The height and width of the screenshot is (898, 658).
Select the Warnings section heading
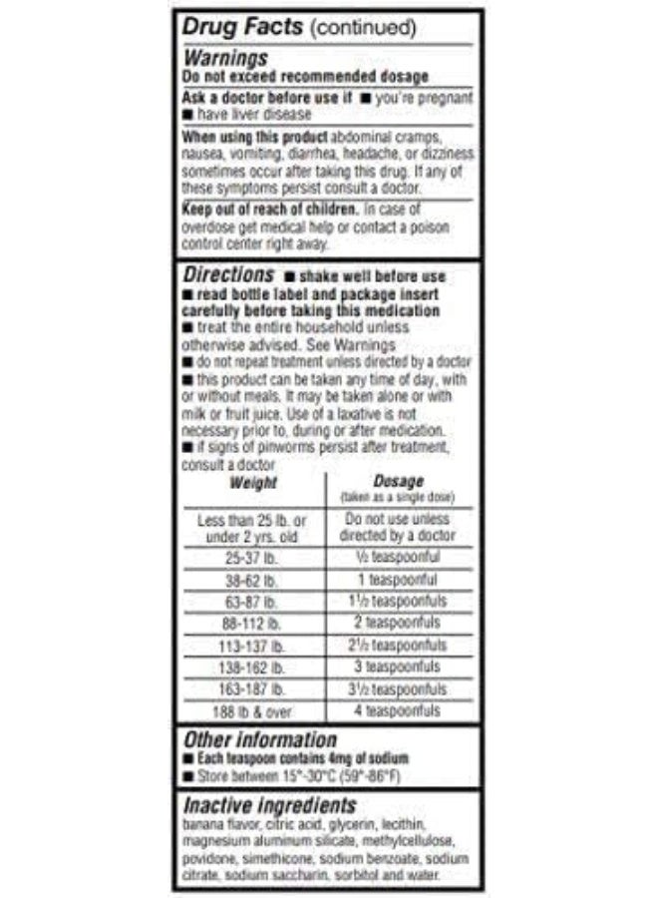tap(225, 58)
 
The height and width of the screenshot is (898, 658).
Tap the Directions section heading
tap(228, 272)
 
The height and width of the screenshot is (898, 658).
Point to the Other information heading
tap(259, 739)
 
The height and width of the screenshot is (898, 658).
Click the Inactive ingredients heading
tap(269, 805)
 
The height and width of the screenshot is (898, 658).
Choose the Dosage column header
tap(397, 481)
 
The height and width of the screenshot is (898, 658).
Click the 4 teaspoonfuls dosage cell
tap(397, 711)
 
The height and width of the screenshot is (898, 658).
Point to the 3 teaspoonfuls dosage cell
tap(397, 667)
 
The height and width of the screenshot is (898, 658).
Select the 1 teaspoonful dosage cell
tap(397, 580)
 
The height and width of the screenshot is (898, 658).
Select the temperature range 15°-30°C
tap(308, 775)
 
